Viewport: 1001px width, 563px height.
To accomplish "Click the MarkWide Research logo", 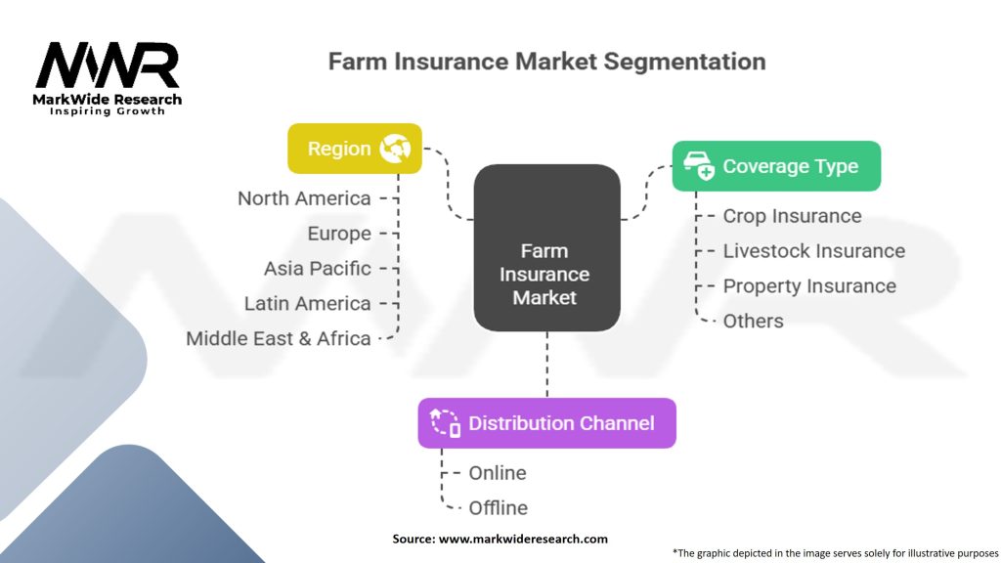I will coord(108,76).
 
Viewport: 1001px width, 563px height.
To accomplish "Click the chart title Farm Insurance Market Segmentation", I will coord(546,62).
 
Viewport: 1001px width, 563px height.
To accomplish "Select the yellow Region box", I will coord(354,149).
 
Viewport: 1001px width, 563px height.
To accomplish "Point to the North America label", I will coord(304,198).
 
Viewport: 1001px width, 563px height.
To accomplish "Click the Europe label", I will coord(339,234).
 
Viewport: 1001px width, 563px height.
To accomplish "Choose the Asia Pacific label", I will coord(317,269).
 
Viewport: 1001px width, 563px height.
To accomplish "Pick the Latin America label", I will coord(307,304).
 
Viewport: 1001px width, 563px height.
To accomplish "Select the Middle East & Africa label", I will coord(279,339).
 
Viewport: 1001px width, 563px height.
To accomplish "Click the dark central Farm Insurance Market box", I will coord(546,247).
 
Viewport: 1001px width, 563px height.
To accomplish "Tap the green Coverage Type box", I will coord(776,166).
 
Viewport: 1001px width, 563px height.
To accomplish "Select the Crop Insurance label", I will coord(792,216).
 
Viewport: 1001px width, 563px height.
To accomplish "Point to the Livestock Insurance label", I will coord(813,251).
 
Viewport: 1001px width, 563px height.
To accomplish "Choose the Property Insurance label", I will coord(809,286).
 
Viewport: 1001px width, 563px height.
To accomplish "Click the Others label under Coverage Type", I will coord(753,322).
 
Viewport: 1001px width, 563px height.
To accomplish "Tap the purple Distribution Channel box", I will coord(546,423).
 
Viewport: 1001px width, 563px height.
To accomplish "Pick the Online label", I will coord(497,473).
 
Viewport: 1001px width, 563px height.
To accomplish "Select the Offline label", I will coord(498,508).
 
